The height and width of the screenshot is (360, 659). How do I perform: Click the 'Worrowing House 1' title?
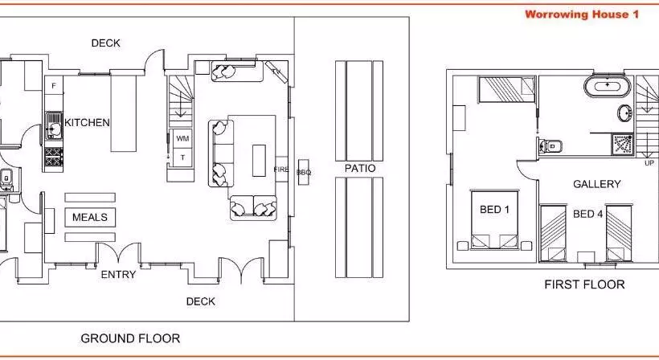[x=582, y=14]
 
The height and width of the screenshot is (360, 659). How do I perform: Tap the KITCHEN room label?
[x=87, y=123]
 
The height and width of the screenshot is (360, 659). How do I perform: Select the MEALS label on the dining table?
[x=90, y=217]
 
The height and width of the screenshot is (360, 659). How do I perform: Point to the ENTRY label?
[x=118, y=274]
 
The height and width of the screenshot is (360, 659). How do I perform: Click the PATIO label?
[x=360, y=169]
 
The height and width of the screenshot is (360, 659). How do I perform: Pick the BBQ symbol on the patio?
[x=304, y=172]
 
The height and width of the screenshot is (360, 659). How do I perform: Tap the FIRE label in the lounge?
[x=281, y=170]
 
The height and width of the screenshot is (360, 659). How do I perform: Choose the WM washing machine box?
[x=182, y=138]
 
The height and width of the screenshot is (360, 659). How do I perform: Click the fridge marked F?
[x=54, y=86]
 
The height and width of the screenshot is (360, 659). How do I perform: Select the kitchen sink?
[x=54, y=125]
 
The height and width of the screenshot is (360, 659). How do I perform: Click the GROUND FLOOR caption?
[x=130, y=338]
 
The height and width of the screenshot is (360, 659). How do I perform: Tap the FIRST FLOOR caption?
[x=584, y=284]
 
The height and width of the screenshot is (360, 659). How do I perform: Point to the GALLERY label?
[x=597, y=184]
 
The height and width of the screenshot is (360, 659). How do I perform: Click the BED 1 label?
[x=494, y=209]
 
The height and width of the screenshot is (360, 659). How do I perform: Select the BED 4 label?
[x=587, y=215]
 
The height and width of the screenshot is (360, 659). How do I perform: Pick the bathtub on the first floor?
[x=608, y=86]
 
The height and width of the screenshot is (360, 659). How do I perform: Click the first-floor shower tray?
[x=623, y=145]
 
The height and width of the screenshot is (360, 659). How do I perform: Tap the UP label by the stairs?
[x=649, y=163]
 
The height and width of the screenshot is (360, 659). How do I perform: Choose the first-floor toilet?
[x=551, y=146]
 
